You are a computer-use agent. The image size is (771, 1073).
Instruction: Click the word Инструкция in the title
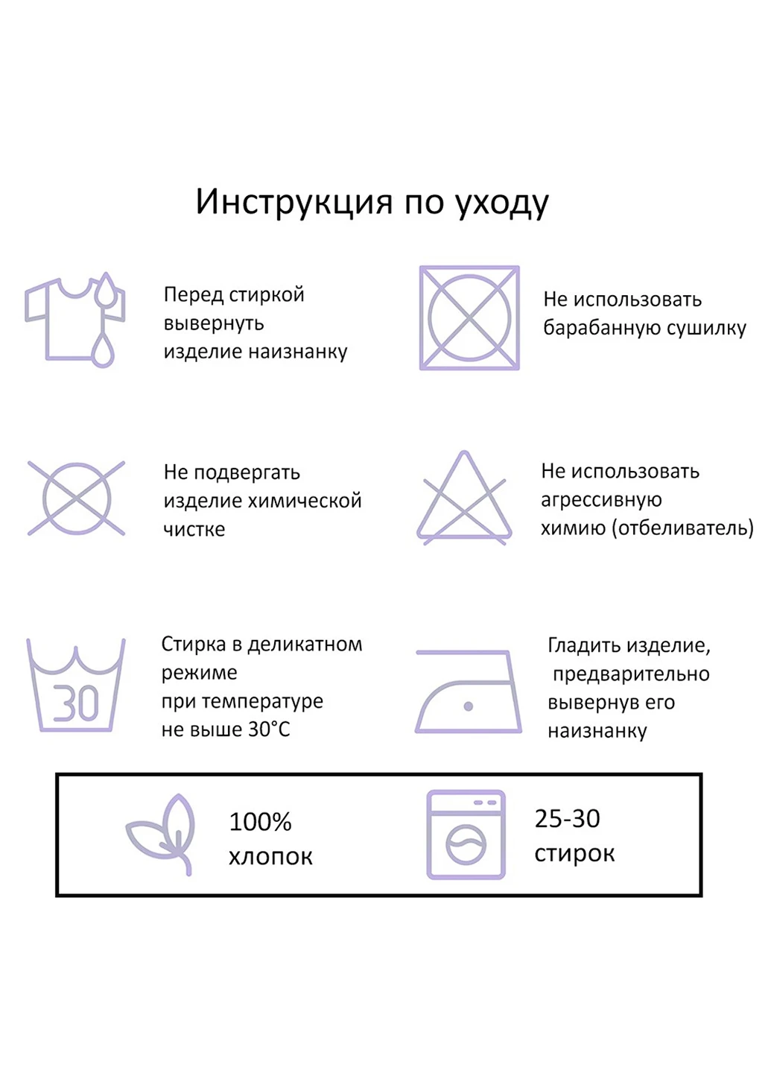[294, 202]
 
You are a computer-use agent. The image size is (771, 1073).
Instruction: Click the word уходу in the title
[501, 203]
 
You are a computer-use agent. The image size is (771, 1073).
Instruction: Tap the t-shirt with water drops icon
[74, 320]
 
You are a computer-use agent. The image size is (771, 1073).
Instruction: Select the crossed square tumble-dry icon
[469, 318]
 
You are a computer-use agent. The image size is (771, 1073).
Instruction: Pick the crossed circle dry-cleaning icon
[76, 498]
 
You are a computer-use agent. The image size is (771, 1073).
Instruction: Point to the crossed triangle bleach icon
[464, 498]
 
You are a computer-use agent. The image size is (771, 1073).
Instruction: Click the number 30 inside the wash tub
[76, 703]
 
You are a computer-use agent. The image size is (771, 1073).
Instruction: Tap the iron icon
[468, 691]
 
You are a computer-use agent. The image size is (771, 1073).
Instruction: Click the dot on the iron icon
[469, 706]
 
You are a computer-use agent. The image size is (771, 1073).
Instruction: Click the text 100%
[260, 822]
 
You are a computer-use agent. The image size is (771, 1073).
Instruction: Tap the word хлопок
[270, 857]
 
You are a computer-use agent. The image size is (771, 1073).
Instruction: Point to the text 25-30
[567, 819]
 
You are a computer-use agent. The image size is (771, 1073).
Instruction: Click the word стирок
[574, 854]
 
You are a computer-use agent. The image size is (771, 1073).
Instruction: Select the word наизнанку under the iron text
[597, 732]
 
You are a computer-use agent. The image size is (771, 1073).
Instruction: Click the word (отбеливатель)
[682, 528]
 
